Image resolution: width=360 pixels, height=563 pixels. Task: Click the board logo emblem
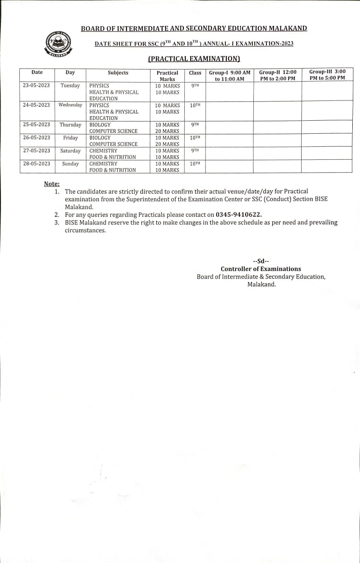(57, 44)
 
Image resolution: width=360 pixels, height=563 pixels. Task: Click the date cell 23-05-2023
(37, 85)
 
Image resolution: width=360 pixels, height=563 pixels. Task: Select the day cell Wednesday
(70, 105)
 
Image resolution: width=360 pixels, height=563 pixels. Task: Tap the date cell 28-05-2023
(37, 164)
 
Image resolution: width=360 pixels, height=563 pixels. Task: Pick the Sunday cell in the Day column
(70, 164)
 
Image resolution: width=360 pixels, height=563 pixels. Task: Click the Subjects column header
(118, 73)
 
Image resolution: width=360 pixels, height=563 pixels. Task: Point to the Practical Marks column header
(167, 76)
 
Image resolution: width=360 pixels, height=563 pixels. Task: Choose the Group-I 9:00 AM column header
(230, 76)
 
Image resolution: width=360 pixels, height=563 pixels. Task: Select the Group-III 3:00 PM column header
(327, 75)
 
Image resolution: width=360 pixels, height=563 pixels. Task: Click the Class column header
(195, 73)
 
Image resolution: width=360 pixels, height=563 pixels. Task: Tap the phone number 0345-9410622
(238, 214)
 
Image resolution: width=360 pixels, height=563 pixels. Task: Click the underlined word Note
(52, 183)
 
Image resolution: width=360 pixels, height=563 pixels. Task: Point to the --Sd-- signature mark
(261, 261)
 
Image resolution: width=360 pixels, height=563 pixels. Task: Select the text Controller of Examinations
(261, 269)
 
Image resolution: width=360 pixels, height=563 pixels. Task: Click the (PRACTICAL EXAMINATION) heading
(194, 59)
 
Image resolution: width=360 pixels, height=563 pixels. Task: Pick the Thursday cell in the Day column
(70, 125)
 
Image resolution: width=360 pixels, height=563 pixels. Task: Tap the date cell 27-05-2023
(37, 151)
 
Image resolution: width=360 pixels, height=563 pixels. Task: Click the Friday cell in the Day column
(70, 138)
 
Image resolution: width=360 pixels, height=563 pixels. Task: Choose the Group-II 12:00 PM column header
(277, 75)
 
